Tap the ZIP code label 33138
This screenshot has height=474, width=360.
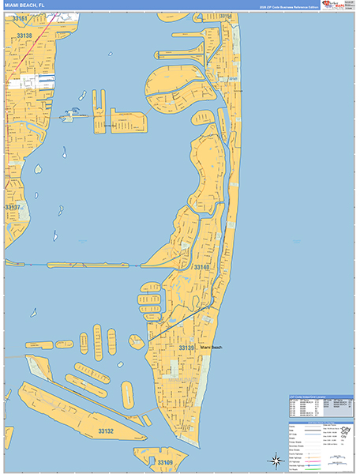[23, 36]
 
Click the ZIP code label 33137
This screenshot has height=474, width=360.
[15, 207]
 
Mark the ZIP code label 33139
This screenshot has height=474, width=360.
[187, 348]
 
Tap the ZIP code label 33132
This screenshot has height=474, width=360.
[106, 431]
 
